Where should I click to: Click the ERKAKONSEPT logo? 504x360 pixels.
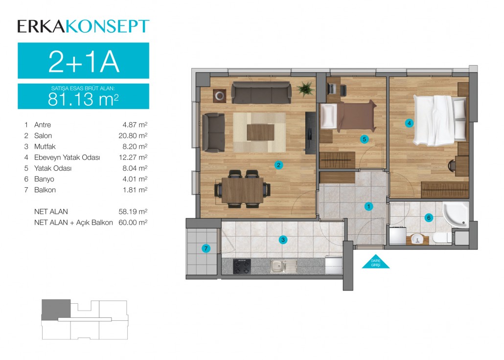83,26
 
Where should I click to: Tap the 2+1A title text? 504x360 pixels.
84,62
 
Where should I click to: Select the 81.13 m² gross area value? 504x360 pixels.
83,99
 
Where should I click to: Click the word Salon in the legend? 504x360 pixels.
43,135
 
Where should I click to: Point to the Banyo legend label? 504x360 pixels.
44,179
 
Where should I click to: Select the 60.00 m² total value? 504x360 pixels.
133,223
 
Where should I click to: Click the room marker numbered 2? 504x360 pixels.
279,165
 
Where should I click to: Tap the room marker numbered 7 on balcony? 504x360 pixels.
206,248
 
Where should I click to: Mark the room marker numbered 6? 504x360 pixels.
429,218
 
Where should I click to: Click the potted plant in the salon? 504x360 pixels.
305,88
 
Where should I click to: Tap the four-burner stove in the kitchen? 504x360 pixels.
242,266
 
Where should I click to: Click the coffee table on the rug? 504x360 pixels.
260,132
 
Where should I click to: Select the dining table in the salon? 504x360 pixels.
242,190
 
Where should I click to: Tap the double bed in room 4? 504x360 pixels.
439,120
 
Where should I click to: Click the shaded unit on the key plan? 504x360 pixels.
56,310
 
